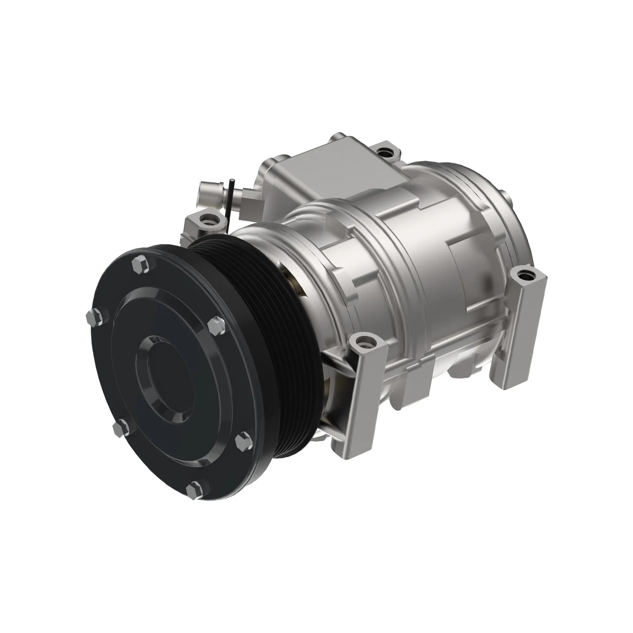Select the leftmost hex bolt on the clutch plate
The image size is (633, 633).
coord(93,317)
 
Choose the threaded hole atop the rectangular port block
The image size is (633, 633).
coord(383,152)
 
